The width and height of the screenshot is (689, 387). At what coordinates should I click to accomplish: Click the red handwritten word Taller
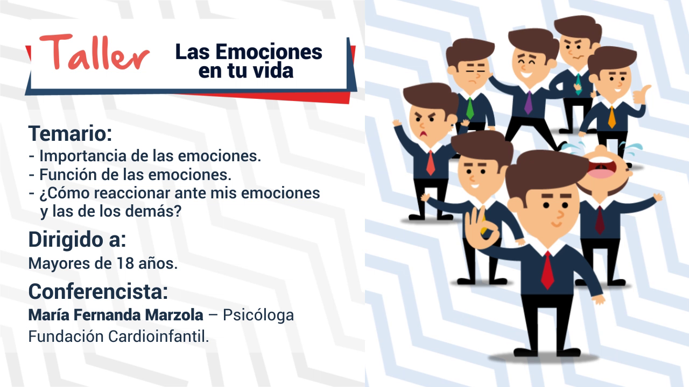point(94,52)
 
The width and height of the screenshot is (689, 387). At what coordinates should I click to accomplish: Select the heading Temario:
point(70,134)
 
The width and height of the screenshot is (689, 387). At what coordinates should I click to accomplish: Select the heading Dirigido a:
point(77,240)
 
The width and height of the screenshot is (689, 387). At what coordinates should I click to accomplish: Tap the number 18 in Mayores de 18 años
point(125,263)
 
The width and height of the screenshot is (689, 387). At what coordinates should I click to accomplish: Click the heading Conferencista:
point(98,291)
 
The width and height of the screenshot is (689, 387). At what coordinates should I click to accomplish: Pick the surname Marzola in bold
point(174,315)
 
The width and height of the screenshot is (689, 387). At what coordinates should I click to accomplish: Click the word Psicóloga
point(258,316)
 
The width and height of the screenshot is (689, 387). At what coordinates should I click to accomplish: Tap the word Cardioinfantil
point(158,336)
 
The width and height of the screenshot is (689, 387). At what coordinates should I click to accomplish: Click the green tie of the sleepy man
point(470,108)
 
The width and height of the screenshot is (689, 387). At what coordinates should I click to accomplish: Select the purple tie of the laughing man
point(529,103)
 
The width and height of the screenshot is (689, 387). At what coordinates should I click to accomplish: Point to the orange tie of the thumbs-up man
point(612,117)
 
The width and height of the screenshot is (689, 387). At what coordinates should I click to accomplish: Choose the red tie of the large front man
point(547,270)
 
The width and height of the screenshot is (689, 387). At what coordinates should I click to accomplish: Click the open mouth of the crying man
point(602,167)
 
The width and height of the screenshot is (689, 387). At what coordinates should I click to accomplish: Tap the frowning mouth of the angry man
point(424,134)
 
